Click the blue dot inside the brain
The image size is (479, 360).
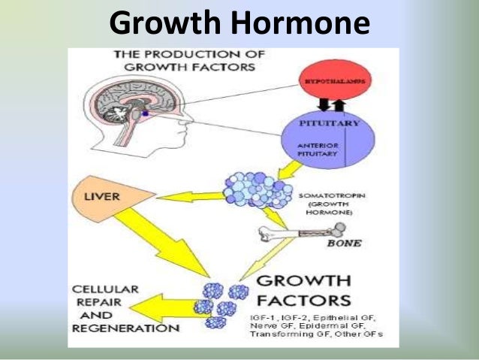[145, 113]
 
